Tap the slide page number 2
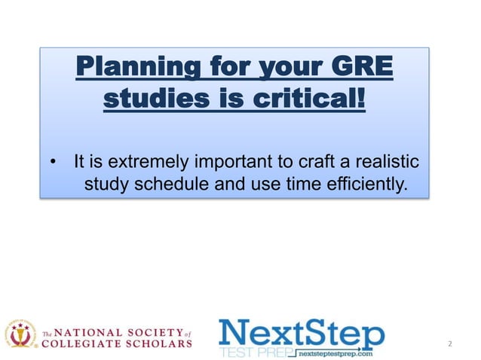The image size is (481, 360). coord(450,344)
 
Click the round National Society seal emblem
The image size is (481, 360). coord(22,334)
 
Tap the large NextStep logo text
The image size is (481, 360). coord(301,332)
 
